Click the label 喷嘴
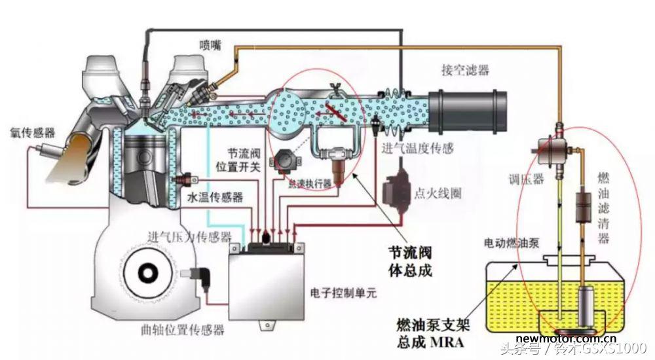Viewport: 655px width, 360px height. [210, 45]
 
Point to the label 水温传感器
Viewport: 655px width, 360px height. [215, 196]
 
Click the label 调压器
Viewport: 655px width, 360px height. [527, 179]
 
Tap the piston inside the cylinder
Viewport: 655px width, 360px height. [148, 157]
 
